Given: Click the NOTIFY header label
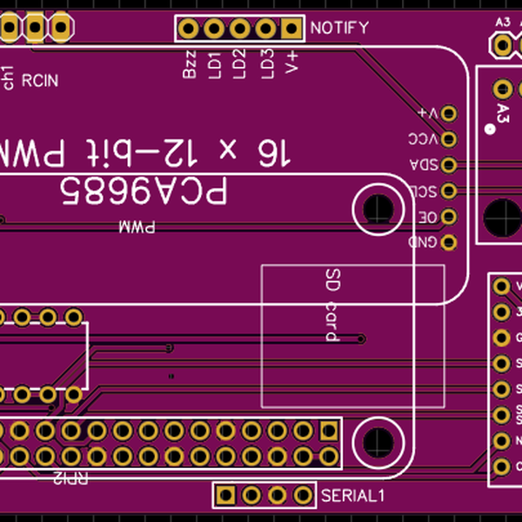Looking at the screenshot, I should (x=339, y=28).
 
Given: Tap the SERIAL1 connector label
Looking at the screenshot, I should (x=352, y=496).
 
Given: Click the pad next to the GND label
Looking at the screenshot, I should (x=449, y=242).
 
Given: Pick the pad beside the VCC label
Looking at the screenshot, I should (x=449, y=138).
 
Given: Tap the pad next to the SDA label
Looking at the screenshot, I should (x=449, y=164).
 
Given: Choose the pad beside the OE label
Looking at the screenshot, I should (x=449, y=216).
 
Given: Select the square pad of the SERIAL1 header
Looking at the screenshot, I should (x=225, y=495).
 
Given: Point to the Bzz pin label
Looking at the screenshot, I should (x=190, y=68).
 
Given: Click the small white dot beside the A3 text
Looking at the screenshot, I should (x=490, y=130).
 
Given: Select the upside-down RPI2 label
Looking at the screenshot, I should (x=70, y=478).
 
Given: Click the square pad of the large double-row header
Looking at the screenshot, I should (x=329, y=430).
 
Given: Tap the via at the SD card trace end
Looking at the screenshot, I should (x=360, y=338).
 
